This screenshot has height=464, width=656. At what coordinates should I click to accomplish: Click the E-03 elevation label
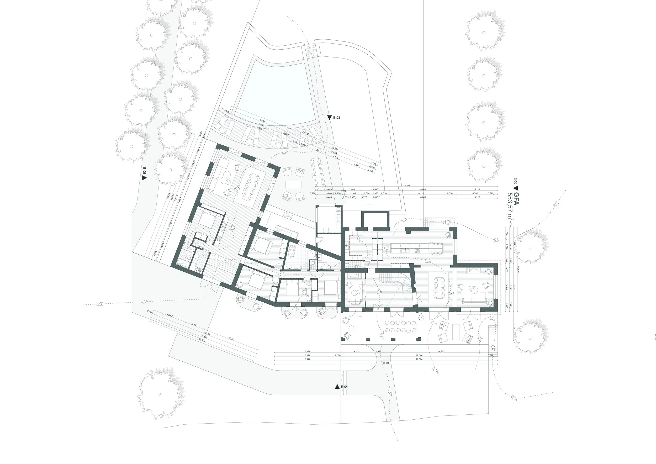pos(336,117)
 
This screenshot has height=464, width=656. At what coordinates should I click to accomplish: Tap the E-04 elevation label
pos(344,387)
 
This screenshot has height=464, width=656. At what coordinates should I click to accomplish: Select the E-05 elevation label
pos(144,171)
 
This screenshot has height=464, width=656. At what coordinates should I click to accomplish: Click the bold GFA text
pos(516,199)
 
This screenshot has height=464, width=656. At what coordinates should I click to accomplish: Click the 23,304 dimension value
pos(406,186)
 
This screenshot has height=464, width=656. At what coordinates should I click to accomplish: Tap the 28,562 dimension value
pos(386,363)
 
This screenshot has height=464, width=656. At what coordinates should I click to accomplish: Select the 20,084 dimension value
pos(419,359)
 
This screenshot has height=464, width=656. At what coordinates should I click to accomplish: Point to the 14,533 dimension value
pos(441,351)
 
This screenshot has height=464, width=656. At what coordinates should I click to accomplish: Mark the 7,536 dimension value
pos(231,339)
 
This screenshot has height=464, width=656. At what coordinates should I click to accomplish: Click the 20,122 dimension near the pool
pos(305,133)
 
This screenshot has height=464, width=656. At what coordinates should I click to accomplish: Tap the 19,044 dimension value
pos(419,355)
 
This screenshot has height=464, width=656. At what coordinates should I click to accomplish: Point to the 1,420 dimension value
pos(379,351)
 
